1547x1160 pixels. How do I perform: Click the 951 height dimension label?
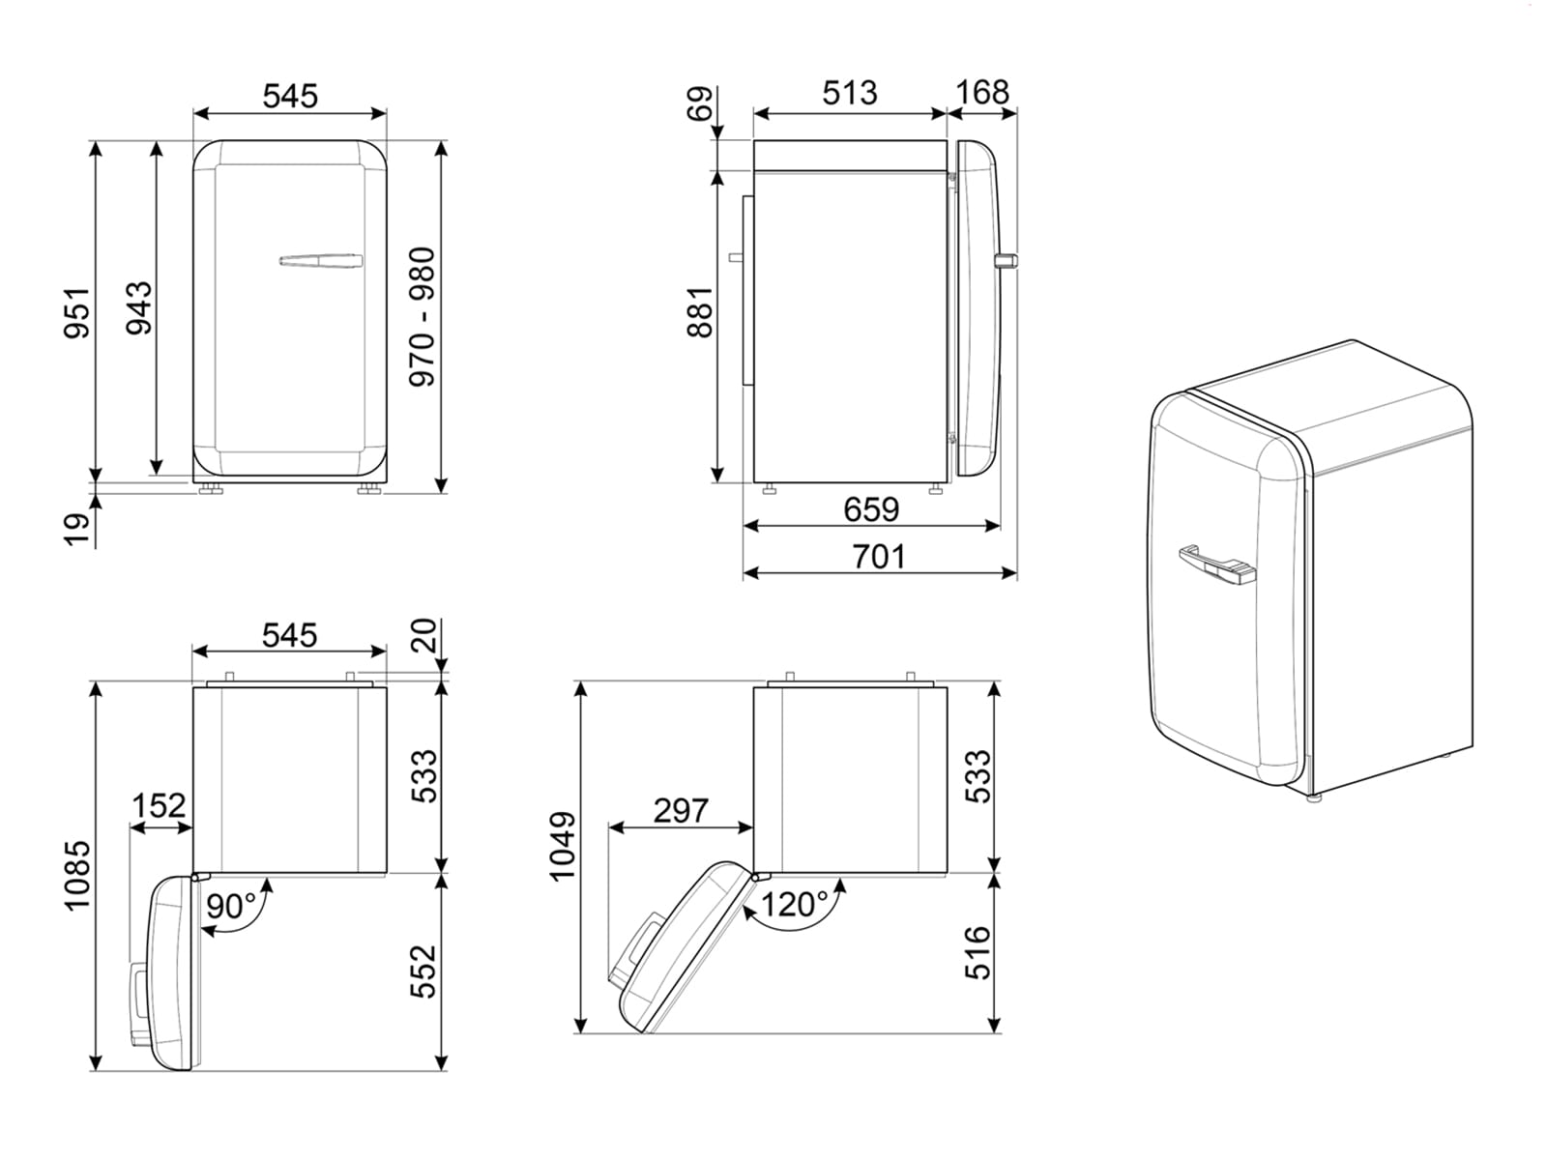[x=77, y=312]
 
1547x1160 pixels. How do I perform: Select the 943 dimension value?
[x=140, y=307]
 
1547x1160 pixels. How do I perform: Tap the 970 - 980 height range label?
[x=423, y=317]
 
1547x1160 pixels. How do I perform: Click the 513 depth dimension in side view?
[x=850, y=93]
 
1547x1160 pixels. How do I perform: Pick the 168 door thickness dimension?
[x=981, y=93]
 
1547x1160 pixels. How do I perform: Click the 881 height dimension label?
[x=700, y=311]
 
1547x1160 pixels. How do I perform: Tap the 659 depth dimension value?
[x=870, y=508]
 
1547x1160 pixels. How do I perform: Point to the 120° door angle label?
[x=795, y=905]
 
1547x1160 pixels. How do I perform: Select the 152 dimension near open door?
[x=159, y=805]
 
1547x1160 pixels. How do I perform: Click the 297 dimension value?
[x=680, y=810]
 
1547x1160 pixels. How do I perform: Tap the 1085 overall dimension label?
[x=77, y=875]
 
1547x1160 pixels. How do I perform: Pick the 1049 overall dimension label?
[x=563, y=846]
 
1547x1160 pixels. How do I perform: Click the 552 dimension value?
[x=423, y=971]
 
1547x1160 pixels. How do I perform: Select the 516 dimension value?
[x=978, y=952]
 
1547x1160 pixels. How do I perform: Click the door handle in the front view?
[x=321, y=261]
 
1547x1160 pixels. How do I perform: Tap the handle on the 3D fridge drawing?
[x=1216, y=565]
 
